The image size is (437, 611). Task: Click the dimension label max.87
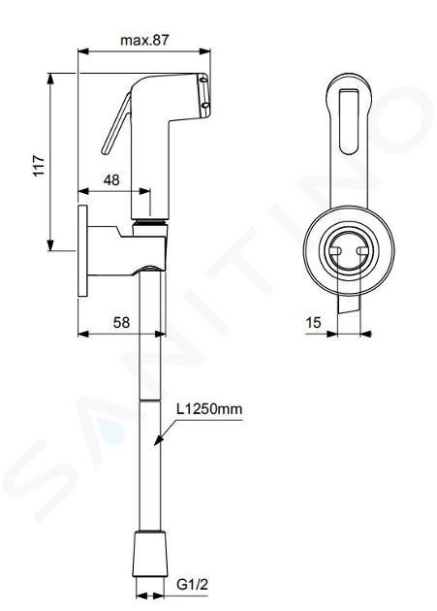(144, 40)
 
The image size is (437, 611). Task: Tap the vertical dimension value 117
(39, 166)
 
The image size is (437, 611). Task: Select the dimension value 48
(111, 180)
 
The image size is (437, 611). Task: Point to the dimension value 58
(121, 322)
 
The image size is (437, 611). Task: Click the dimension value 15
(314, 322)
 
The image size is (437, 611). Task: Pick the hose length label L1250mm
(209, 409)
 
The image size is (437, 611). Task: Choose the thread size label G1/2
(193, 585)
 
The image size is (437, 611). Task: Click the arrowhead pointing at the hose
(159, 439)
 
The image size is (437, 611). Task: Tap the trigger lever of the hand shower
(116, 123)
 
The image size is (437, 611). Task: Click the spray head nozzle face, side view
(205, 95)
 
